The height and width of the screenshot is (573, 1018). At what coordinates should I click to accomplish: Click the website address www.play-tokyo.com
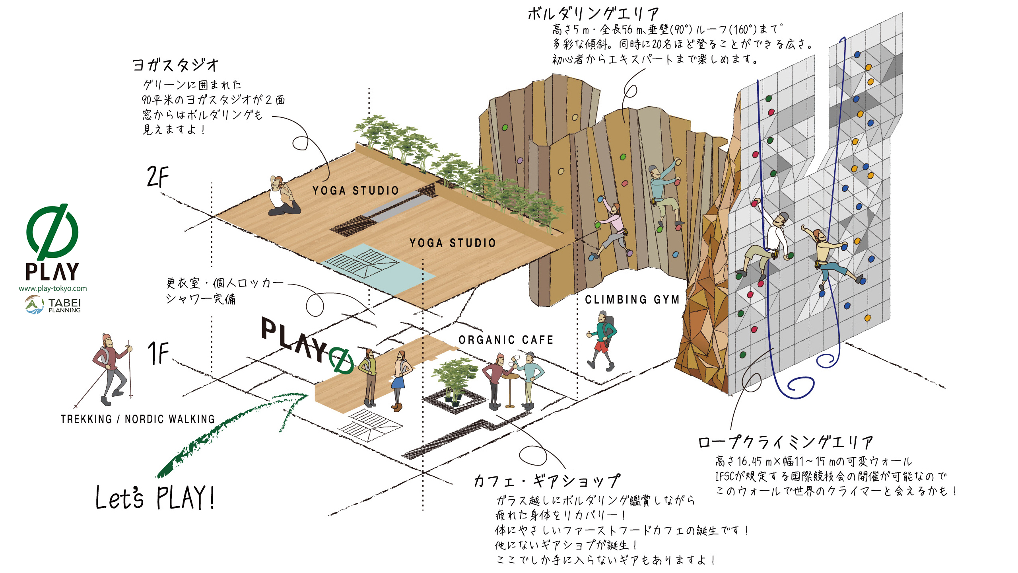52,288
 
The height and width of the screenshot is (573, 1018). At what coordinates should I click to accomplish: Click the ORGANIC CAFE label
506,340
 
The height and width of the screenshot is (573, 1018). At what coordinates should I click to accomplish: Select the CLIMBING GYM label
632,300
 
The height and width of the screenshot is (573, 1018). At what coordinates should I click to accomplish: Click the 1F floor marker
158,353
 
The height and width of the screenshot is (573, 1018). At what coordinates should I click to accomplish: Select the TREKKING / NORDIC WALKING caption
138,419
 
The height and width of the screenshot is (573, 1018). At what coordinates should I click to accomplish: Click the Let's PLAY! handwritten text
155,497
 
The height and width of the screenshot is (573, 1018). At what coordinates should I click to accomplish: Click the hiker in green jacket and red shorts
602,341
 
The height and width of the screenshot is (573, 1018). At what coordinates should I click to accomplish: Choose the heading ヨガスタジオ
175,65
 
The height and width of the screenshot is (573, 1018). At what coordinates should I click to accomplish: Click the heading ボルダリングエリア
593,14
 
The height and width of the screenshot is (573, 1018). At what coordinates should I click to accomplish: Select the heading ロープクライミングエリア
786,442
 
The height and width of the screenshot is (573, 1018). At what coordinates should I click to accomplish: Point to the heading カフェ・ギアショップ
547,481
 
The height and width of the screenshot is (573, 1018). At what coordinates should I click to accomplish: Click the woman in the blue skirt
399,380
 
